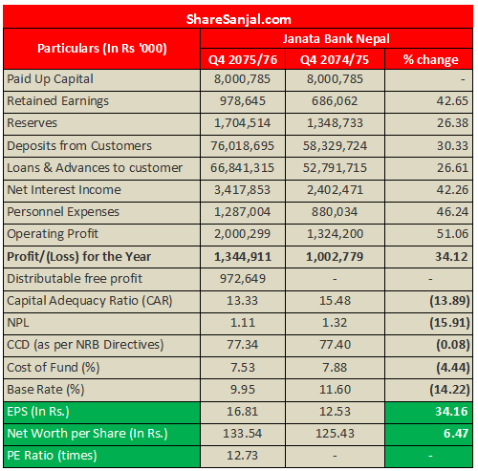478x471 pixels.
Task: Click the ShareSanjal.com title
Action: tap(239, 17)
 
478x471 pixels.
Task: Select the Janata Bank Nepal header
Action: tap(336, 38)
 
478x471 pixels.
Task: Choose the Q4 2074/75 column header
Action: tap(336, 59)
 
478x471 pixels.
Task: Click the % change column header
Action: tap(429, 59)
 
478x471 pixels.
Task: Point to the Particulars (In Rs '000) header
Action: tap(101, 48)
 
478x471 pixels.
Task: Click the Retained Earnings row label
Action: tap(58, 100)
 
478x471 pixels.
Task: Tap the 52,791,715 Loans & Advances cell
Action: tap(335, 167)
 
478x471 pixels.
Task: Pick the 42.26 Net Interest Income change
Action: tap(449, 189)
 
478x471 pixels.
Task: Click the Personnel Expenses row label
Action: tap(63, 211)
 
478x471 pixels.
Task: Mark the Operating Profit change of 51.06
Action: tap(449, 234)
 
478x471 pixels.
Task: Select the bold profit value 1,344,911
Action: tap(244, 256)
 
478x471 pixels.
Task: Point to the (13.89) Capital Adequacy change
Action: tap(447, 301)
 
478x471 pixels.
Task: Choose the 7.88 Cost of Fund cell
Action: tap(335, 367)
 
